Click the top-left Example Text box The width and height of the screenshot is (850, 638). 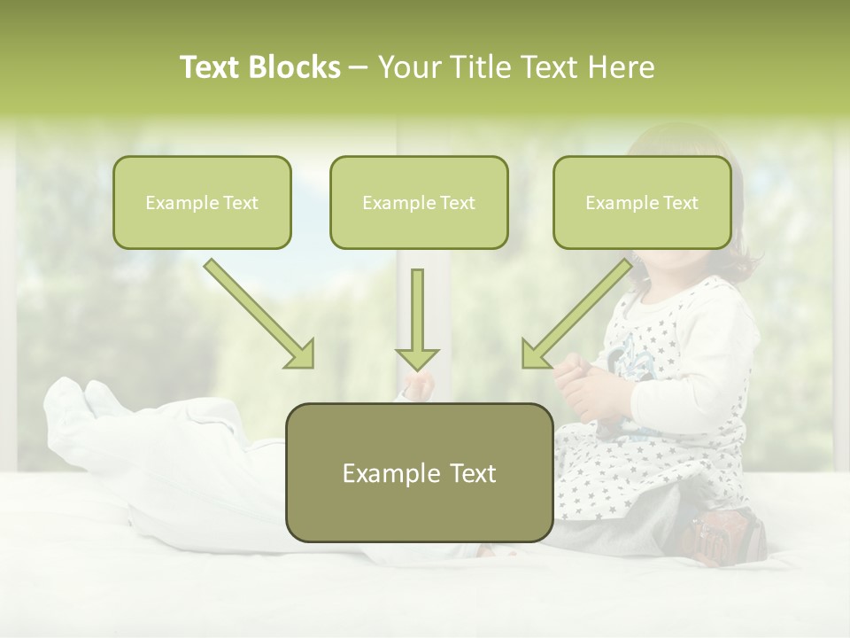(202, 202)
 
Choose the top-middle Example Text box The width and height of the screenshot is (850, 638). (419, 202)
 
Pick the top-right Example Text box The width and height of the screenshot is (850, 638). (642, 202)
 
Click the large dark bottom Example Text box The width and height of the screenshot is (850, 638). (419, 472)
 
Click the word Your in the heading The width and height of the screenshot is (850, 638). (409, 67)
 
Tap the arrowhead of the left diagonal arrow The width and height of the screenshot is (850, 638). (301, 354)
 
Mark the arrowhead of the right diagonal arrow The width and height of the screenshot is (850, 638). (534, 354)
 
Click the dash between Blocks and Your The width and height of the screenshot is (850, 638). (359, 67)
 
